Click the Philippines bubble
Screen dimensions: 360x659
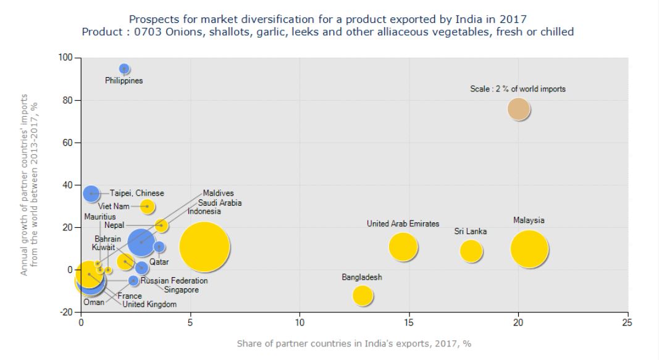coord(124,69)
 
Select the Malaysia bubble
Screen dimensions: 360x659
coord(529,249)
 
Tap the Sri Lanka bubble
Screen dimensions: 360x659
coord(471,250)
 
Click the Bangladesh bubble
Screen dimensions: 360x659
coord(363,295)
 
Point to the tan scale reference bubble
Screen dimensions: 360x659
coord(519,109)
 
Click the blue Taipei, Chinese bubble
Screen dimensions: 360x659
coord(91,193)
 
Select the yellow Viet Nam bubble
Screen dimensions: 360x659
coord(147,206)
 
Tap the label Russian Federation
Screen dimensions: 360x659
coord(174,281)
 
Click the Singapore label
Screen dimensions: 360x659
coord(181,290)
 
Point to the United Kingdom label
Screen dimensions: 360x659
coord(149,304)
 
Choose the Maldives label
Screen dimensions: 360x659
coord(219,193)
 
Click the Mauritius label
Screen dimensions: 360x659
coord(99,217)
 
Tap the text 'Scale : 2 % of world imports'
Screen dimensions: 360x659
coord(518,89)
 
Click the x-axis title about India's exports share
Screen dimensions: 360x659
coord(355,343)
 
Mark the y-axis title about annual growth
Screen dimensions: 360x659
coord(30,185)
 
